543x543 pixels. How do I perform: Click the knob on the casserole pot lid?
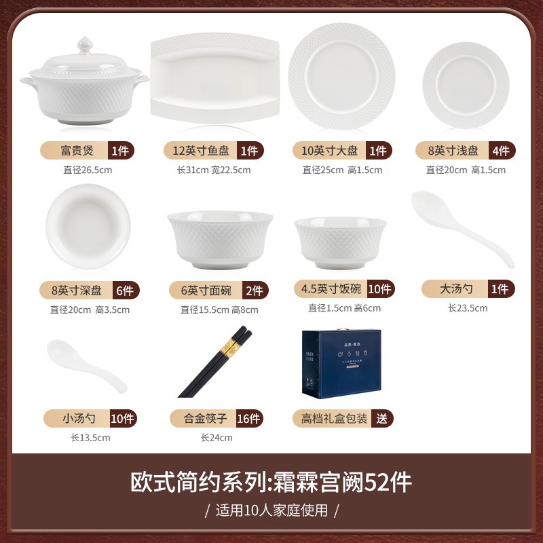84,45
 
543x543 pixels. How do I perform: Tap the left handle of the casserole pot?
29,83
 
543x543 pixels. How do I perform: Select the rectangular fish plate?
215,78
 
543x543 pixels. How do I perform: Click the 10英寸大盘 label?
329,151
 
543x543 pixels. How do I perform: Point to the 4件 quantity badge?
502,151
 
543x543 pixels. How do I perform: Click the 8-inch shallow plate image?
466,85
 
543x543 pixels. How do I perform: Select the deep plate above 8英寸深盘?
88,226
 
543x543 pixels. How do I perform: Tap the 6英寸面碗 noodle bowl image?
220,240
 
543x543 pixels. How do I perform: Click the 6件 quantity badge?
126,291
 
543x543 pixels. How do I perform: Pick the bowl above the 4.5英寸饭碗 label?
341,243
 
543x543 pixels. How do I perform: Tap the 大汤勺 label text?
456,289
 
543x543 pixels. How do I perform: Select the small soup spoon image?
87,366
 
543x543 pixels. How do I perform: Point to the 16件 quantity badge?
249,418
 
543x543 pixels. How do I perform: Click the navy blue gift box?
341,364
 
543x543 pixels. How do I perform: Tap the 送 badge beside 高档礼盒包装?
382,418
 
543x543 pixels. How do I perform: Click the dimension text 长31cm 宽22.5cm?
214,170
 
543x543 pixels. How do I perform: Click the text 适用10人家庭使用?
272,510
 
